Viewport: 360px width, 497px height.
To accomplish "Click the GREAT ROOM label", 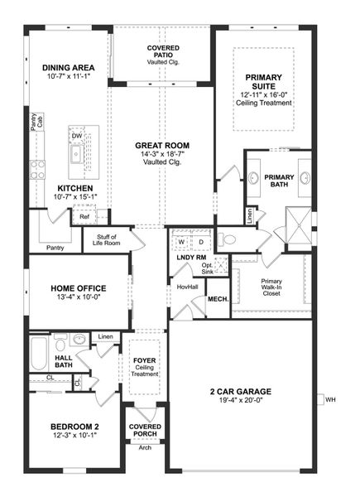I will [x=163, y=144].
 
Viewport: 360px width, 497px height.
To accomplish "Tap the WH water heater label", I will [x=331, y=400].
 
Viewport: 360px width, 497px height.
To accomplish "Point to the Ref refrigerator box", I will [x=84, y=217].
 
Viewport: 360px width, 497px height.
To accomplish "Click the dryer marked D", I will [x=200, y=242].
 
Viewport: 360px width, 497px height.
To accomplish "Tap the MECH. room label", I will [x=218, y=299].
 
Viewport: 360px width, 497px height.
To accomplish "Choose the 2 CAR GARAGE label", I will [x=240, y=390].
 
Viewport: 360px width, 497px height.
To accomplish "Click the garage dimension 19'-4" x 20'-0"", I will [x=240, y=400].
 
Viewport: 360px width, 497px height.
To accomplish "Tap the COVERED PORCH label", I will [x=146, y=431].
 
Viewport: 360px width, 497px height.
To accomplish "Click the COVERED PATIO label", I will [x=163, y=52].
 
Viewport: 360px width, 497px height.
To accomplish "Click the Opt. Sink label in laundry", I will [x=207, y=268].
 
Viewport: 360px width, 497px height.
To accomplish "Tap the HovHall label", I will [x=187, y=287].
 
